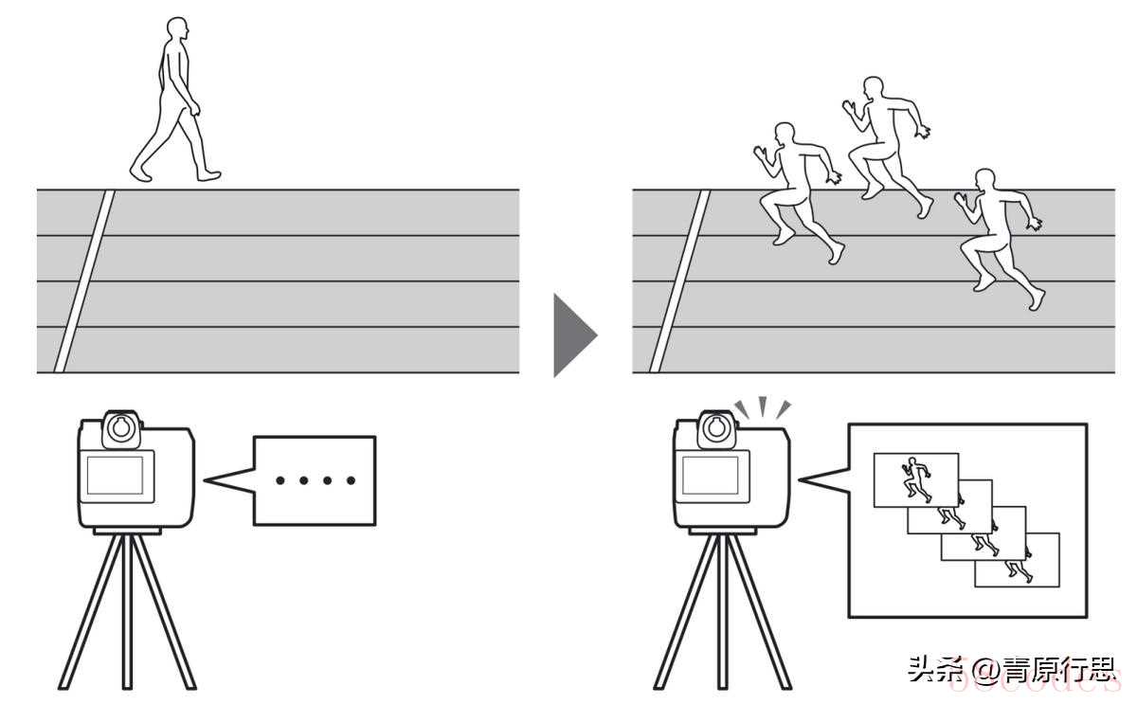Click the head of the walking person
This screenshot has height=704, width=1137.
pos(177,30)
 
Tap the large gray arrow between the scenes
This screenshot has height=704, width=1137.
pos(572,334)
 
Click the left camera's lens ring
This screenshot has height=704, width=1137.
pos(119,427)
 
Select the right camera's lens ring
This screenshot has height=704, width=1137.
pos(715,427)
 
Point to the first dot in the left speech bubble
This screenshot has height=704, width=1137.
pos(280,480)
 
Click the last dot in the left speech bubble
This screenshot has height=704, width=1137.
pos(351,480)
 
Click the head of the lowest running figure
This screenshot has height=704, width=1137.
pos(985,181)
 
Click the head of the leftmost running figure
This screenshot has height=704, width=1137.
pos(785,135)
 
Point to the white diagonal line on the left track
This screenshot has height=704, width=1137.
pos(83,280)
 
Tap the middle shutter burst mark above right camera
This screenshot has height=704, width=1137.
pos(763,406)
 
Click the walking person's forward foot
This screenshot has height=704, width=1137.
pos(208,175)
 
